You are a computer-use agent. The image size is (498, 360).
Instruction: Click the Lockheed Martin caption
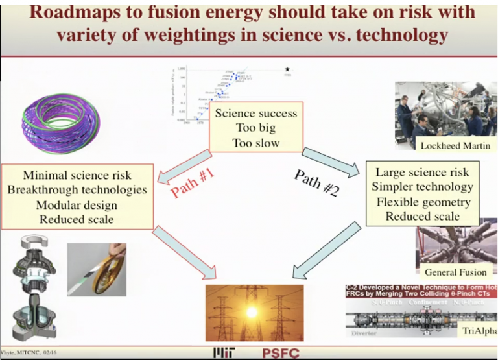tap(455, 145)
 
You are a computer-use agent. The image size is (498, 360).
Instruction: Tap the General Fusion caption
tap(455, 272)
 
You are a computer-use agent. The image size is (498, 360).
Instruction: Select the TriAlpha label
tap(479, 331)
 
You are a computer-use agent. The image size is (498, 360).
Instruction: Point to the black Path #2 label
tap(316, 181)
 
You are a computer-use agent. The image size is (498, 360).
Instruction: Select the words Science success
tap(255, 114)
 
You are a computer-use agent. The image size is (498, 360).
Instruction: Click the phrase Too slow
tap(255, 142)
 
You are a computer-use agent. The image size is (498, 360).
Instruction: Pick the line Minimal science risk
tap(77, 175)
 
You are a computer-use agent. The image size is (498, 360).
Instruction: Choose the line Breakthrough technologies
tap(77, 189)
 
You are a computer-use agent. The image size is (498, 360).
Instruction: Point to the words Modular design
tap(77, 204)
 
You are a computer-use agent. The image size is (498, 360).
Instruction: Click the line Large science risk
tap(422, 173)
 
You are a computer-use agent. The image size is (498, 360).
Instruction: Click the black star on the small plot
tap(287, 69)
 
